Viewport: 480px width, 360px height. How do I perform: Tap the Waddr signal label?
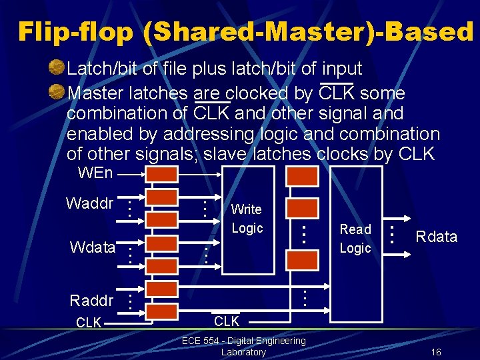tap(89, 203)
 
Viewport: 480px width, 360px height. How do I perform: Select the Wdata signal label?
tap(92, 249)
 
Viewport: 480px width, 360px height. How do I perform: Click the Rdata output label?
tap(436, 237)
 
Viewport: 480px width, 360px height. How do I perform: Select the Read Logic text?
tap(355, 239)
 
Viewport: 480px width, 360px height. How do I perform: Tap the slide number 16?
tap(436, 352)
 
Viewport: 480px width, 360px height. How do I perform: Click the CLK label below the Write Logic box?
tap(227, 322)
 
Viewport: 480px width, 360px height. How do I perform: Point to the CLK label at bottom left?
tap(89, 323)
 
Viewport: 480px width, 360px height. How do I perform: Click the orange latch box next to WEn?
tap(162, 175)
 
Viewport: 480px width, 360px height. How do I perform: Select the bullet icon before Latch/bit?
tap(57, 67)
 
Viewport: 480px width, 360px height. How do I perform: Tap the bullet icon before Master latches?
tap(57, 91)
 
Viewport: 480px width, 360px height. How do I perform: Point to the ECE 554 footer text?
tap(243, 341)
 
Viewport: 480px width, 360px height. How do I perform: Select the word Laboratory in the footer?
tap(243, 352)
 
